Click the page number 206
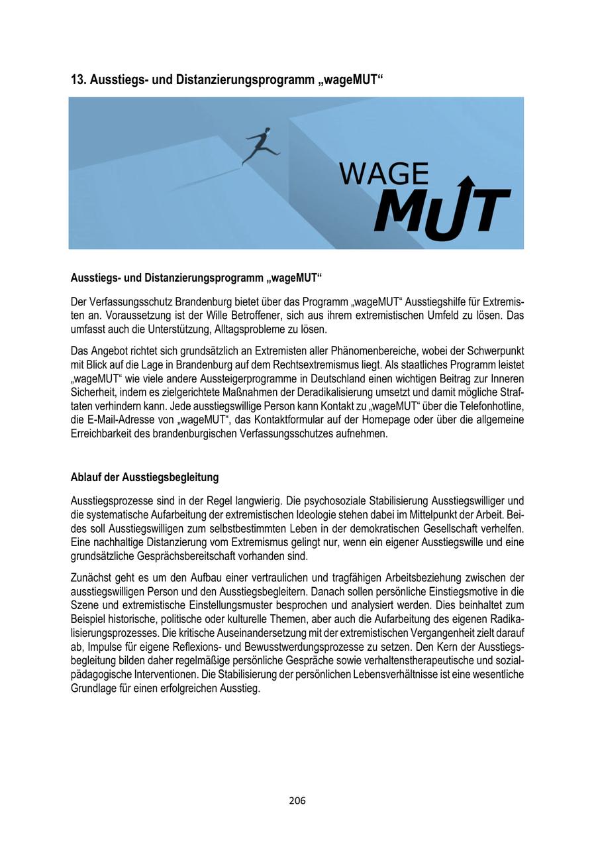click(x=297, y=801)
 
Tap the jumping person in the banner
click(x=260, y=145)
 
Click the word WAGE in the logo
click(x=383, y=174)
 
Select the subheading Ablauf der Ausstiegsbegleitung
click(x=144, y=477)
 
